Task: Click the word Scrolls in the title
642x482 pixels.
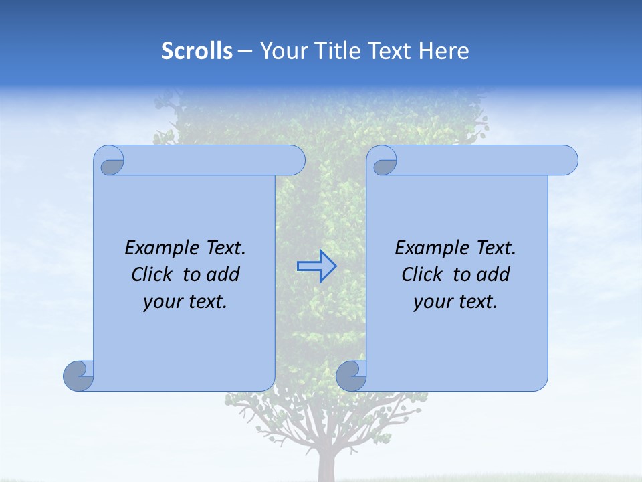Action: pyautogui.click(x=197, y=51)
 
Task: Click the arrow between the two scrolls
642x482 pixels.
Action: pyautogui.click(x=316, y=266)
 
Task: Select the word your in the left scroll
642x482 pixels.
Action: pyautogui.click(x=161, y=302)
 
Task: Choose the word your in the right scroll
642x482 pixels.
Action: pyautogui.click(x=431, y=302)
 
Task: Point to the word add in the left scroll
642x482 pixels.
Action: pyautogui.click(x=224, y=274)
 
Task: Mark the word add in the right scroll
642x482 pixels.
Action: pyautogui.click(x=494, y=274)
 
